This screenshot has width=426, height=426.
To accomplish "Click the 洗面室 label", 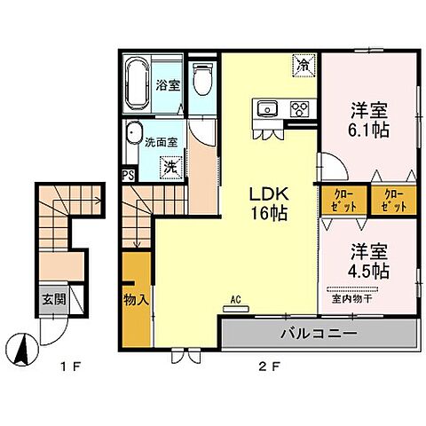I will (161, 139).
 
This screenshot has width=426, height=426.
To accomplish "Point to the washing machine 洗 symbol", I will (168, 165).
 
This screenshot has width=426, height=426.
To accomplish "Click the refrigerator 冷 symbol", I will (303, 64).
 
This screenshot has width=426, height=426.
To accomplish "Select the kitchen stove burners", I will (299, 110).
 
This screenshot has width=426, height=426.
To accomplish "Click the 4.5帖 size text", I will (367, 268).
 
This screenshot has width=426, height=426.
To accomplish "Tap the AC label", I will (236, 301).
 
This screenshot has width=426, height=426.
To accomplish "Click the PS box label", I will (129, 175).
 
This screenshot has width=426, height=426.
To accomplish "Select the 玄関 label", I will (51, 300).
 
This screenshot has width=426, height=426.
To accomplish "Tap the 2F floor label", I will (254, 365).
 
